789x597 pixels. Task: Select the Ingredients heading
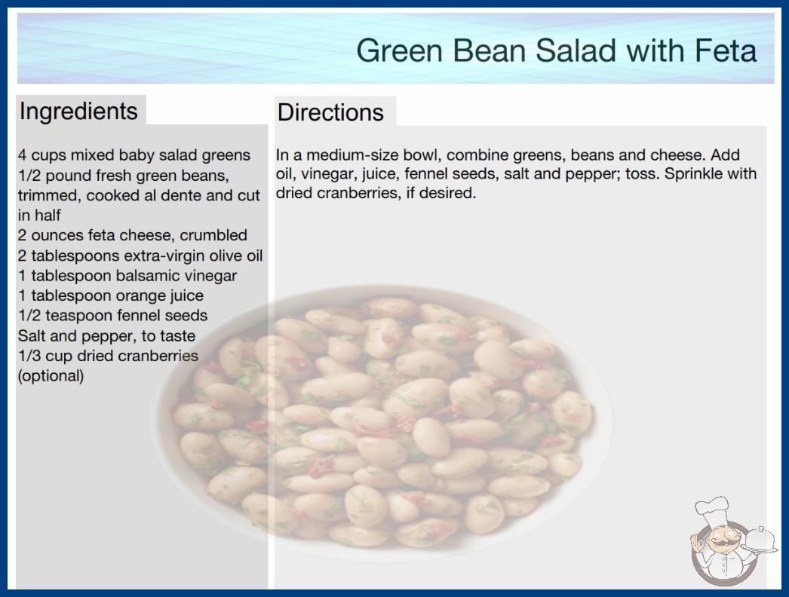pyautogui.click(x=78, y=112)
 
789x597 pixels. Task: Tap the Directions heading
pyautogui.click(x=330, y=112)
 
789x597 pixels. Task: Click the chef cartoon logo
pyautogui.click(x=732, y=542)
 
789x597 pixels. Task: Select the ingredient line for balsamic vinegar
pyautogui.click(x=127, y=276)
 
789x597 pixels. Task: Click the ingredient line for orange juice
pyautogui.click(x=111, y=295)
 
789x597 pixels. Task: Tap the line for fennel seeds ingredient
pyautogui.click(x=112, y=315)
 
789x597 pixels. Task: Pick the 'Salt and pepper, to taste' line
pyautogui.click(x=106, y=336)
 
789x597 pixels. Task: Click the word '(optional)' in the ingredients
pyautogui.click(x=51, y=376)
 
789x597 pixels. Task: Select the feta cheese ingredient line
pyautogui.click(x=132, y=235)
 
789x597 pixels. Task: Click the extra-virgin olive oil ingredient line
pyautogui.click(x=140, y=256)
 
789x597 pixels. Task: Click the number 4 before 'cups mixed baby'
pyautogui.click(x=22, y=155)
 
